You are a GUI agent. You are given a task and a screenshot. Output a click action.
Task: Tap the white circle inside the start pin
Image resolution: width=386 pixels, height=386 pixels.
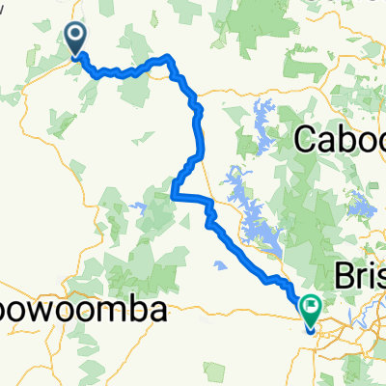(75, 35)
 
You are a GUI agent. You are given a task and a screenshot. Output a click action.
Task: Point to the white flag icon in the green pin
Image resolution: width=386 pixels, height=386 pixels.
(311, 308)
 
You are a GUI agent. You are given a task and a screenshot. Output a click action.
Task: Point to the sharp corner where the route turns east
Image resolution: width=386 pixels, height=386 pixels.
(174, 196)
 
